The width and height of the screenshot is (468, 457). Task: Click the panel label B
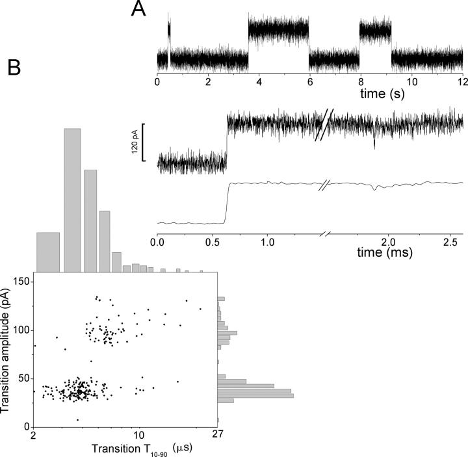16,67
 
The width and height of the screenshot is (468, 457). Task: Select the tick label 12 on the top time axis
461,83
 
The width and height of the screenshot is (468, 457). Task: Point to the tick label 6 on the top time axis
309,83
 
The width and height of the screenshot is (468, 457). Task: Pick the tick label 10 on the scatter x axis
137,436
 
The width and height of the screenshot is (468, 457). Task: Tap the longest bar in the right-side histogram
255,395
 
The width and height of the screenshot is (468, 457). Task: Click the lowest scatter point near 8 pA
77,419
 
